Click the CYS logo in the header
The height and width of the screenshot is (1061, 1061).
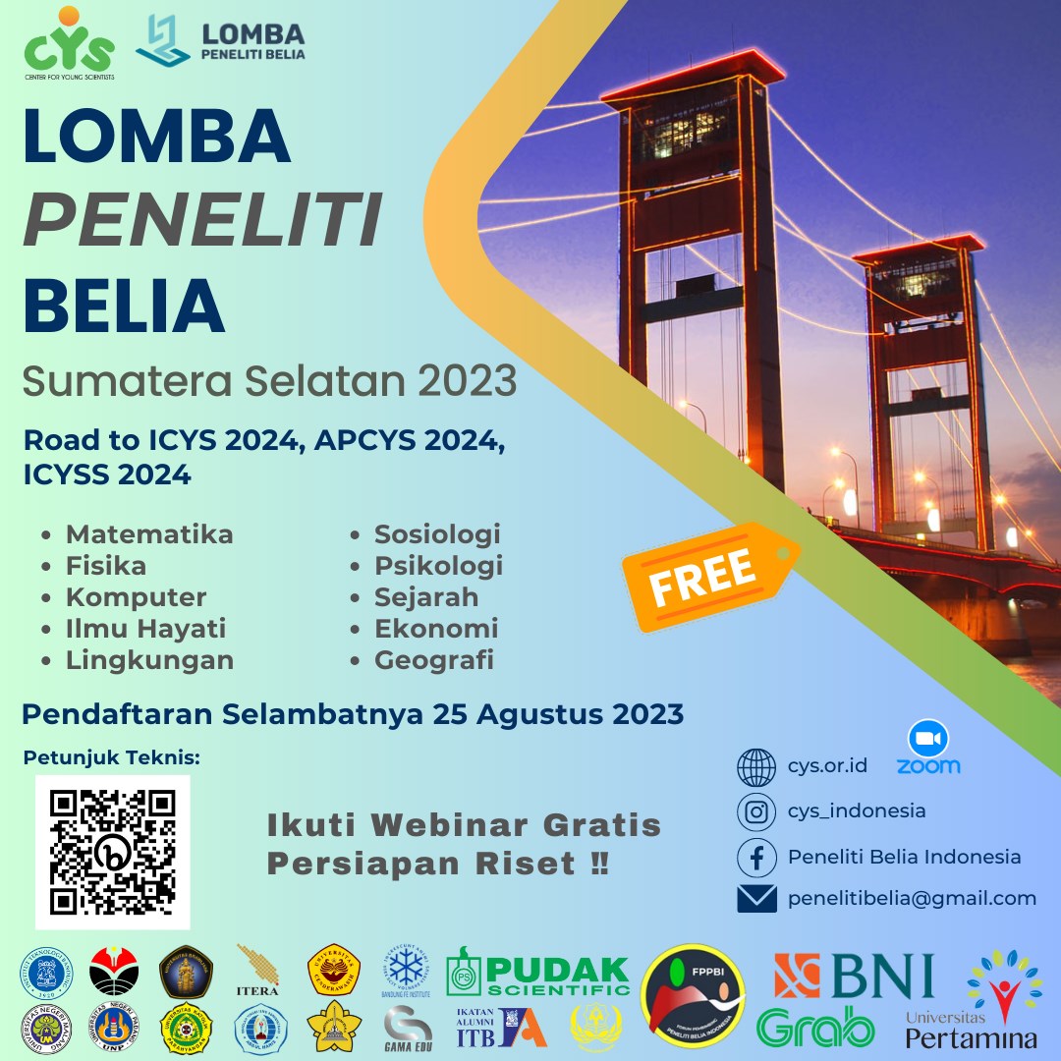[69, 45]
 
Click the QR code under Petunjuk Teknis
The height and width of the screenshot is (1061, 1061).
[113, 852]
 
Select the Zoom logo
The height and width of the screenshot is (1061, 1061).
[928, 750]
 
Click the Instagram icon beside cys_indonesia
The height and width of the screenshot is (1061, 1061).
[756, 811]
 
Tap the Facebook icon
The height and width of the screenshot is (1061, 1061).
[756, 857]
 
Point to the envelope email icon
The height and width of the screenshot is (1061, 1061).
[756, 898]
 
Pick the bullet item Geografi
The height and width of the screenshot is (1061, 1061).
[433, 660]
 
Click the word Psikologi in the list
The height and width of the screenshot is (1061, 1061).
[438, 566]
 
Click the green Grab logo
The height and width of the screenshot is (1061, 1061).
[815, 1027]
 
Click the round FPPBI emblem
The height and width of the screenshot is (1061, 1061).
[693, 995]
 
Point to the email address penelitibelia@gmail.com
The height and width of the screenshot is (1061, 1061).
[912, 898]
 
